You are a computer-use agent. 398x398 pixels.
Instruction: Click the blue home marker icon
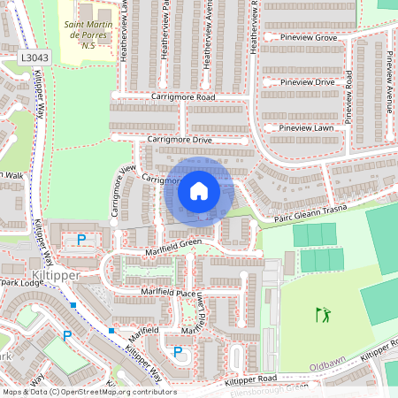(199, 191)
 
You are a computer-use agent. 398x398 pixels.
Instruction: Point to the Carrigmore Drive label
(180, 140)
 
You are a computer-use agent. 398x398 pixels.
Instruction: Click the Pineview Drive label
(307, 82)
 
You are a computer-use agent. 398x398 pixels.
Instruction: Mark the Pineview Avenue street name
(387, 84)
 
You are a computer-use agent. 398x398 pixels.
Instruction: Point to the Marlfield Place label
(161, 291)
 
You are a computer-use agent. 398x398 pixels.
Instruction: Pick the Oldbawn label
(326, 365)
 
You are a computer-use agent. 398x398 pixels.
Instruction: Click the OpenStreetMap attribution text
(88, 392)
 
